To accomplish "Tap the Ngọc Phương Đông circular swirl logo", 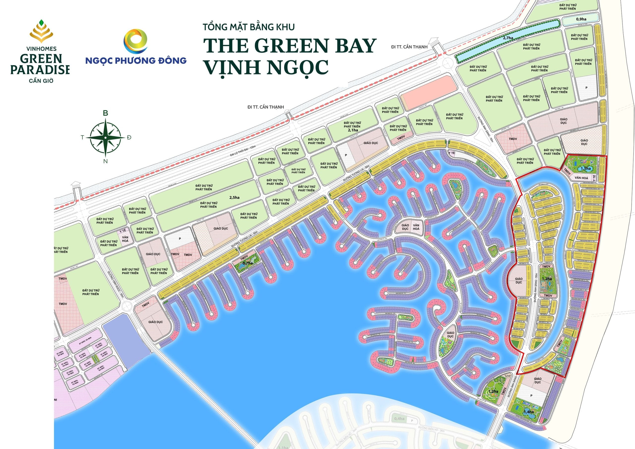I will click(x=136, y=41).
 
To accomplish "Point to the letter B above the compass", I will click(x=105, y=113).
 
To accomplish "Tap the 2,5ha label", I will click(x=234, y=197).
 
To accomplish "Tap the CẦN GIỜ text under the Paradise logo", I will click(x=41, y=81).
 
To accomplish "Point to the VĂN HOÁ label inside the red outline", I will click(x=581, y=178).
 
